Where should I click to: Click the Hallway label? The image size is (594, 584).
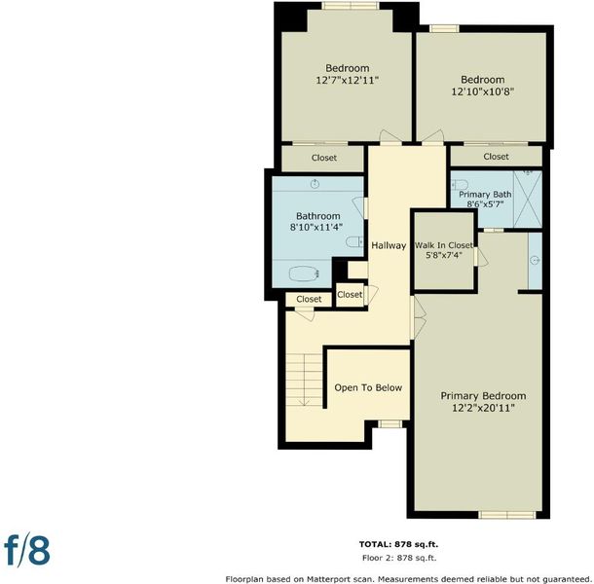click(389, 245)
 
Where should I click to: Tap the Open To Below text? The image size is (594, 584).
click(368, 387)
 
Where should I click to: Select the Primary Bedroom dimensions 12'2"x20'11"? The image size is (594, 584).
click(483, 408)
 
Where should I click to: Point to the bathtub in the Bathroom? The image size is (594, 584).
click(303, 274)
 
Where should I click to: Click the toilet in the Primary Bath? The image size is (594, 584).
click(460, 185)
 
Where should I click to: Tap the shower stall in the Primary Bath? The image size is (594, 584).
click(528, 200)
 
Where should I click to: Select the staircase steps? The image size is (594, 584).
click(304, 380)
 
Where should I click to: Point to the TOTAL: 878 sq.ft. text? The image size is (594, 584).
click(398, 544)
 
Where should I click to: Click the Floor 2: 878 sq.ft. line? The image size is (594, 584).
click(399, 558)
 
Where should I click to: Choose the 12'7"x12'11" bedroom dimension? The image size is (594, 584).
click(348, 80)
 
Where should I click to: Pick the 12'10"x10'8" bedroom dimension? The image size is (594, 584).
click(483, 91)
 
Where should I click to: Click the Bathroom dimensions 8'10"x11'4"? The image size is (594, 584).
click(316, 227)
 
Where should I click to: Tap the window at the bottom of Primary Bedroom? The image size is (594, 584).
click(507, 515)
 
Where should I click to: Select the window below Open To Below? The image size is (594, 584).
click(390, 423)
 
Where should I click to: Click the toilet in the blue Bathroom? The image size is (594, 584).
click(354, 242)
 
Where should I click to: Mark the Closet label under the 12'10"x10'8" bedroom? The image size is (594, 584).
click(496, 157)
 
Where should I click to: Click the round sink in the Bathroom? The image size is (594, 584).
click(315, 184)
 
